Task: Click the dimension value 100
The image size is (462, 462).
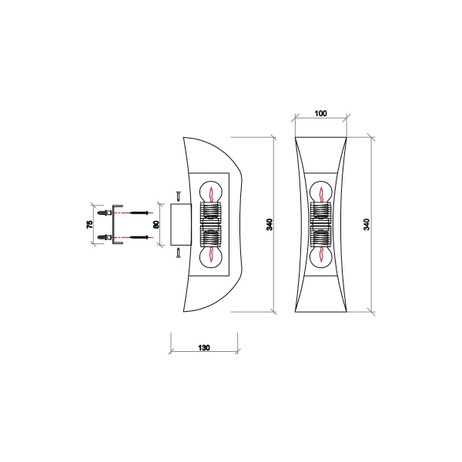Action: coord(321,113)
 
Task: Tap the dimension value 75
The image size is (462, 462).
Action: coord(90,224)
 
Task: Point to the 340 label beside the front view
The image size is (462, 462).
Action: coord(367,224)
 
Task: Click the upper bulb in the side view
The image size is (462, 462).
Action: coord(210,190)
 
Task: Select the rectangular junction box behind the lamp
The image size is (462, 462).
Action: coord(181,224)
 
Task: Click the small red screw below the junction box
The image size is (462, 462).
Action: coord(178,253)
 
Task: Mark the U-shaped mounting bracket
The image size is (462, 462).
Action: coord(115,224)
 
